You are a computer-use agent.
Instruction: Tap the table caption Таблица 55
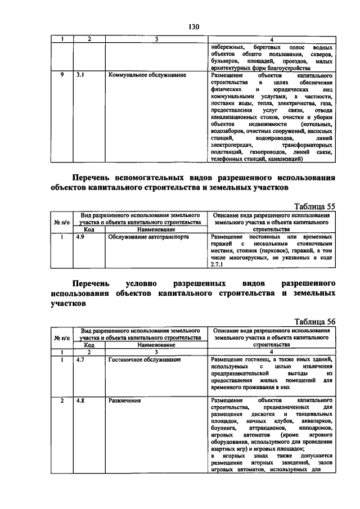coord(315,206)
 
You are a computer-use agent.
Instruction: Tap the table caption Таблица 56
coord(315,321)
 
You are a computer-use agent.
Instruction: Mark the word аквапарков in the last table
coord(317,420)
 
